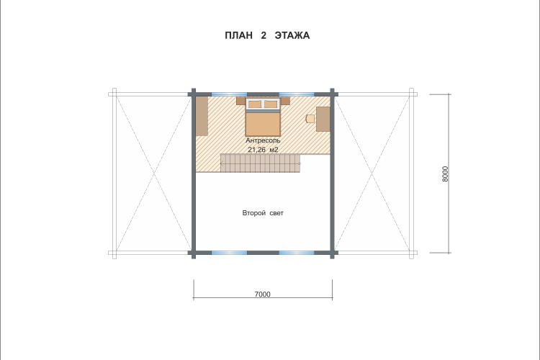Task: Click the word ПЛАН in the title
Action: pos(238,35)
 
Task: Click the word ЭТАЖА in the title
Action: pos(292,35)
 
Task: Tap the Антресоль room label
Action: pos(263,140)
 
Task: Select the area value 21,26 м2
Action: pos(263,150)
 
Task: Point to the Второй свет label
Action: pos(263,213)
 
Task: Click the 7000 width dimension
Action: pos(262,294)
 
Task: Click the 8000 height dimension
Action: pos(445,174)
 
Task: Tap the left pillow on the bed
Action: pos(254,104)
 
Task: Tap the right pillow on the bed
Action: pos(271,104)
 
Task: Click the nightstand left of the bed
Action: pos(240,101)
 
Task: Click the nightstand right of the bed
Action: pos(286,101)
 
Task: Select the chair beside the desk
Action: pos(310,119)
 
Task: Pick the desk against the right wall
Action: pos(323,120)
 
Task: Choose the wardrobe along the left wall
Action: pos(202,116)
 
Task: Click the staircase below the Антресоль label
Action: pos(260,163)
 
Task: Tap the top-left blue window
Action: pos(229,94)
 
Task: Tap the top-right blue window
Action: pos(297,94)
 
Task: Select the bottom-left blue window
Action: pos(229,253)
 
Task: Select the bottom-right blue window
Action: pos(297,253)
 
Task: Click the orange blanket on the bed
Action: pos(263,124)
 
